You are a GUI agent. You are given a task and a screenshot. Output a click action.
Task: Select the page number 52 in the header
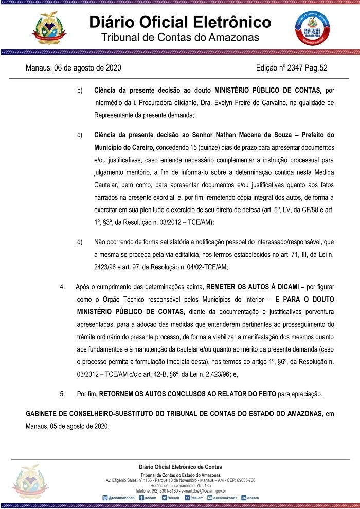click(x=323, y=68)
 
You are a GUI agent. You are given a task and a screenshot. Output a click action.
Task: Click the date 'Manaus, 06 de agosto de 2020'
click(x=74, y=68)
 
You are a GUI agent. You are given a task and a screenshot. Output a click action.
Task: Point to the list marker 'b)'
click(x=80, y=91)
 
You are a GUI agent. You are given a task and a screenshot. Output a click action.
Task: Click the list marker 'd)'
click(x=80, y=242)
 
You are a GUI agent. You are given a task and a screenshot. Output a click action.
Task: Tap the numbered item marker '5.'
click(x=62, y=394)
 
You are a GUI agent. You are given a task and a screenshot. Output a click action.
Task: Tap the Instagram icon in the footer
click(x=104, y=498)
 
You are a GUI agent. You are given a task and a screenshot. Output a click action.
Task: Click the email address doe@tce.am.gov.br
click(x=206, y=491)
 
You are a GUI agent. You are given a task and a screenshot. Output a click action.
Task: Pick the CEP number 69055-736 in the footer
click(x=244, y=480)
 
